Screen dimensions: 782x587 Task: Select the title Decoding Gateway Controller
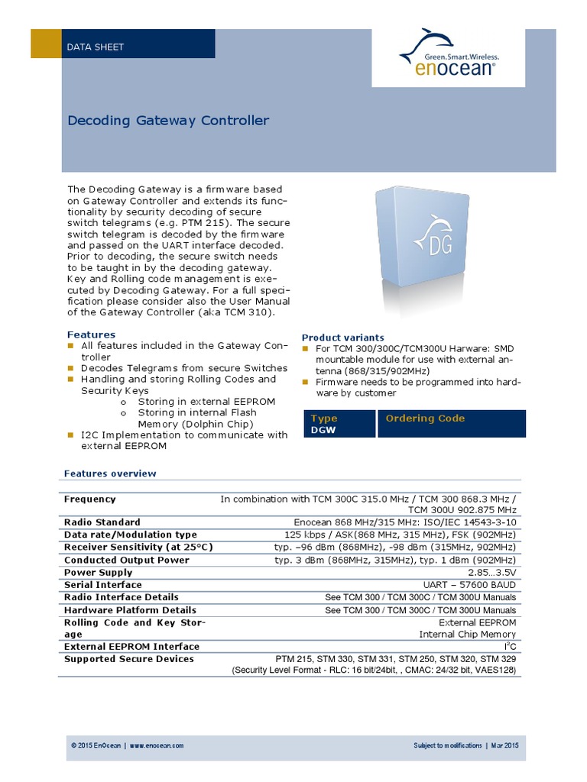(x=168, y=121)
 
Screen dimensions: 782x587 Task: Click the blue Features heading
(x=91, y=334)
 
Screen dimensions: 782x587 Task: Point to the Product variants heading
(x=343, y=338)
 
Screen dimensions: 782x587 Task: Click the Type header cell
(x=324, y=418)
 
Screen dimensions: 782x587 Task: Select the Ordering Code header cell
(x=425, y=418)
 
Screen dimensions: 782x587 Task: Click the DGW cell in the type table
(x=323, y=431)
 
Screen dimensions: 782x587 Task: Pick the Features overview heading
(x=110, y=473)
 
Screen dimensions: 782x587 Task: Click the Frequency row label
(x=90, y=499)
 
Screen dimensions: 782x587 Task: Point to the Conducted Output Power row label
(x=127, y=560)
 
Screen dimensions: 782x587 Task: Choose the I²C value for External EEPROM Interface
(x=511, y=646)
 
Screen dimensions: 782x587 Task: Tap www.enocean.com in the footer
(x=156, y=745)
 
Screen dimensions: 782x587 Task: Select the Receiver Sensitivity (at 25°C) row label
(x=138, y=548)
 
